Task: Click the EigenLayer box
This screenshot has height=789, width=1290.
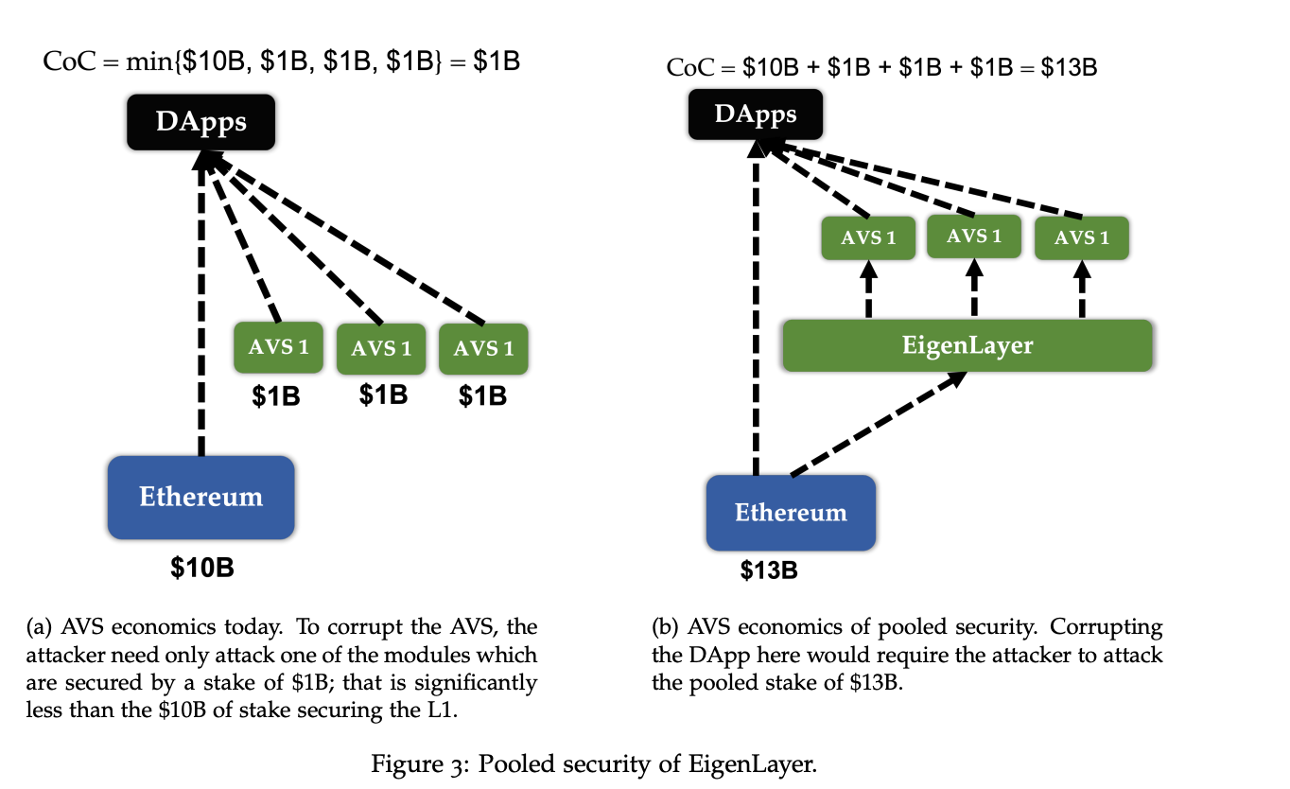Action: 967,345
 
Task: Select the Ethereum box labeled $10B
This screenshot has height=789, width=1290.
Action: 200,498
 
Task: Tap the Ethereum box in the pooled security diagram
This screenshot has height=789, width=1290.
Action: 791,513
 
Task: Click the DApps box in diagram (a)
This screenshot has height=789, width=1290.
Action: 200,123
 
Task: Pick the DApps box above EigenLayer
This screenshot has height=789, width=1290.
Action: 755,115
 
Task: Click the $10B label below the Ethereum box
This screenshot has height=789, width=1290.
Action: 201,568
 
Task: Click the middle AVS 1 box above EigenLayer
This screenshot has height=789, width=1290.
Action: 974,237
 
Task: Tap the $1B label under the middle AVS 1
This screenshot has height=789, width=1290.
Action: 383,395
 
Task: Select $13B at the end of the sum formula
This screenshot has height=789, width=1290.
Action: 1068,68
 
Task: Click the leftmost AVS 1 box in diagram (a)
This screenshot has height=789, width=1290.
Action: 278,347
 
